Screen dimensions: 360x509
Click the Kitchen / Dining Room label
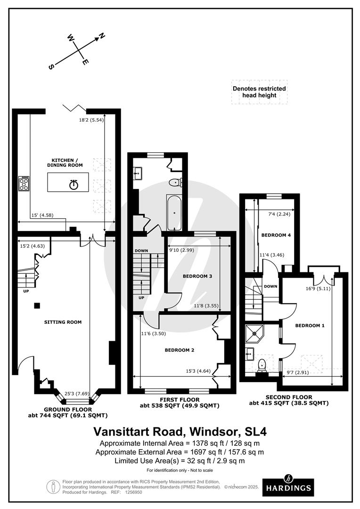[67, 163]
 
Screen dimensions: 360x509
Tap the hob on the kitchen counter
[24, 183]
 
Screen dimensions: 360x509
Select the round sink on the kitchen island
[74, 185]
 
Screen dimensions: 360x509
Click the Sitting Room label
[63, 322]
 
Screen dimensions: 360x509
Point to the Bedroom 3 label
[197, 276]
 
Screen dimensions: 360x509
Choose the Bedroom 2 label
[180, 350]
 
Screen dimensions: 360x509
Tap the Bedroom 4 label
[276, 235]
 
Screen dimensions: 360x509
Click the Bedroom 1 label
[310, 326]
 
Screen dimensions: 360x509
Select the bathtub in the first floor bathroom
[174, 213]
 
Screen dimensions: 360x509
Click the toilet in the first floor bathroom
[176, 182]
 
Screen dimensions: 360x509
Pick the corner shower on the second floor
[254, 333]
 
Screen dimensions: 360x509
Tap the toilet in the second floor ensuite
[262, 365]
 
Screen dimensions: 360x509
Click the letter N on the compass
[102, 36]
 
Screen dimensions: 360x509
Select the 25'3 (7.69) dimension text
[77, 394]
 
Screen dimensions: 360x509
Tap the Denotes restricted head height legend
[259, 92]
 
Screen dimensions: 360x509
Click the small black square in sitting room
[37, 305]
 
